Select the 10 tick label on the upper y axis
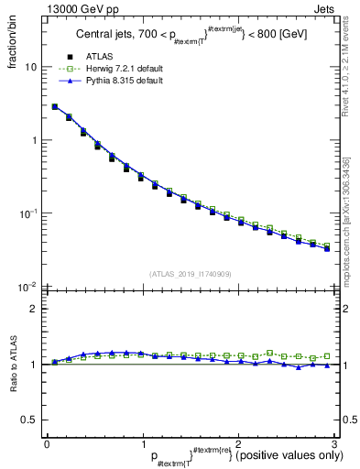(x=30, y=68)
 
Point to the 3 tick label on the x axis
(x=334, y=444)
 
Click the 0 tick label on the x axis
(x=47, y=444)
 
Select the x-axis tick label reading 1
(x=143, y=444)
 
